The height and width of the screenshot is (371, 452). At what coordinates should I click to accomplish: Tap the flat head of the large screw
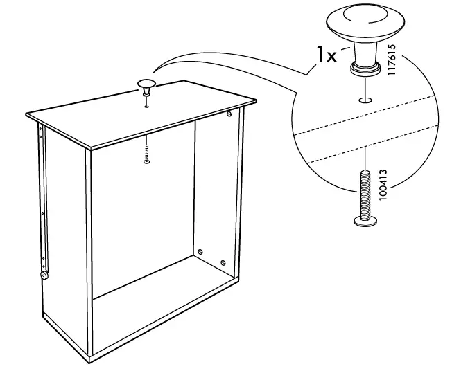coord(365,221)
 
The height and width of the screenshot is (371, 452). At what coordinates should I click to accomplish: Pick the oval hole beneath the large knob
coord(365,100)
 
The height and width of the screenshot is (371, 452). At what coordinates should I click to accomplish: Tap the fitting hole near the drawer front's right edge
coord(229,113)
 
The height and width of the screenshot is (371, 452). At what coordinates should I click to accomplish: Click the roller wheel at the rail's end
coord(44,275)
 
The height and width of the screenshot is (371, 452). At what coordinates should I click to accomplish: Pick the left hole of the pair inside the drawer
coord(200,251)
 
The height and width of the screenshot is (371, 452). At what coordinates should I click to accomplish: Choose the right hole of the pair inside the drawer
coord(223,262)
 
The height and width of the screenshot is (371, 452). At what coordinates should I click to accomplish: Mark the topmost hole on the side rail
coord(40,127)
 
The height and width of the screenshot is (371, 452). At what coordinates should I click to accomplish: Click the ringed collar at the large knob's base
coord(365,68)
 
